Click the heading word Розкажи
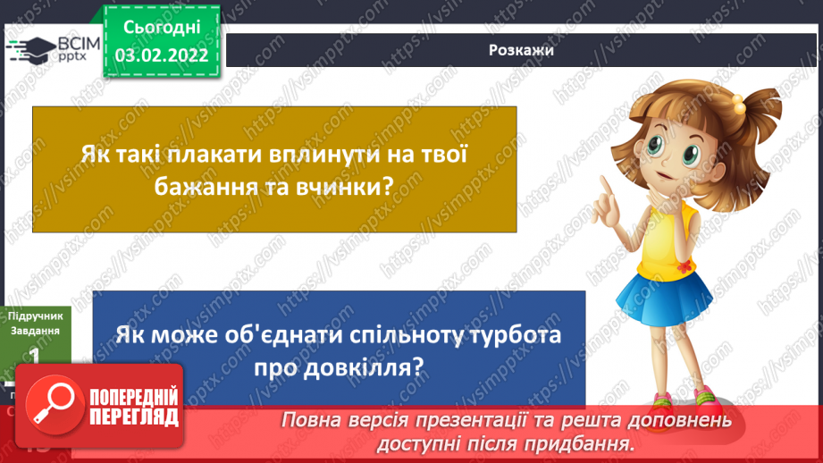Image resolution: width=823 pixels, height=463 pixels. tap(522, 50)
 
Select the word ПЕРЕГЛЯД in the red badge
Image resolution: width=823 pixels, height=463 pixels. tap(135, 417)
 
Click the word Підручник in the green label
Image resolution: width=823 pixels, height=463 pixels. tap(33, 316)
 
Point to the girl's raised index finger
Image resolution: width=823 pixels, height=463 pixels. tap(606, 184)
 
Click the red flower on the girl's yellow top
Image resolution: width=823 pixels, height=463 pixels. tap(684, 266)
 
